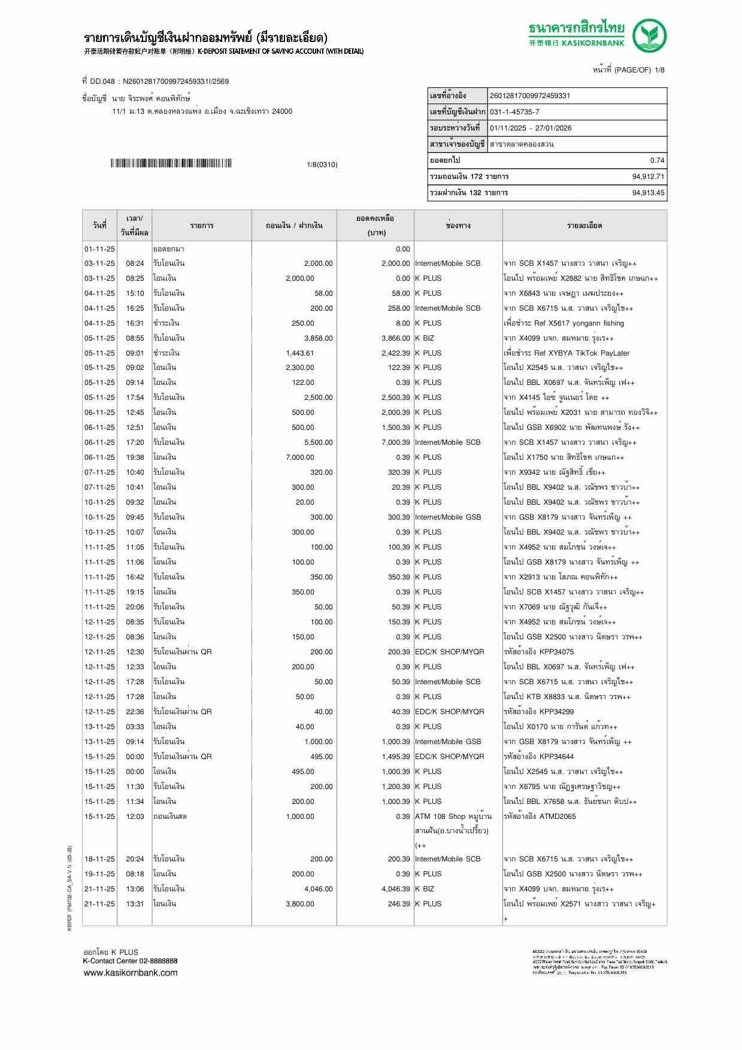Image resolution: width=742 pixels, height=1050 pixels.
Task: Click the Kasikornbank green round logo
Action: pyautogui.click(x=650, y=35)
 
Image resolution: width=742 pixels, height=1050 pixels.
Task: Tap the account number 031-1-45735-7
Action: pyautogui.click(x=514, y=112)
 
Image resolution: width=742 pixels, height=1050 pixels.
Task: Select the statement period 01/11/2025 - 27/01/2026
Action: pyautogui.click(x=530, y=128)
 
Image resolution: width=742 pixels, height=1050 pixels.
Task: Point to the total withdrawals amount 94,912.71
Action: pyautogui.click(x=648, y=177)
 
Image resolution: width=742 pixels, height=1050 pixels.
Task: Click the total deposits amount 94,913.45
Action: pyautogui.click(x=648, y=193)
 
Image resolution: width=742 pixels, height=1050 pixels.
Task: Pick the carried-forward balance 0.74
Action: pyautogui.click(x=657, y=160)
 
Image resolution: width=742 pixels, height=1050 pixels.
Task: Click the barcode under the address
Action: pyautogui.click(x=171, y=163)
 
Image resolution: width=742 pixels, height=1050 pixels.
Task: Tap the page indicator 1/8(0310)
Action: pyautogui.click(x=322, y=165)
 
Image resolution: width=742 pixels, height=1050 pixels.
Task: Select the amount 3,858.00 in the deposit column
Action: pyautogui.click(x=318, y=338)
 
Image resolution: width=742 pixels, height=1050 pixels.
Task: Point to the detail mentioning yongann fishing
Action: pyautogui.click(x=564, y=323)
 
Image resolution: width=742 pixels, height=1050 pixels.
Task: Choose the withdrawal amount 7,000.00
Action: pyautogui.click(x=299, y=457)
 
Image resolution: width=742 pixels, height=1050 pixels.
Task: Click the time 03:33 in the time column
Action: pyautogui.click(x=135, y=727)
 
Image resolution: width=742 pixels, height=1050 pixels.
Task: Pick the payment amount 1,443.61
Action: pyautogui.click(x=299, y=353)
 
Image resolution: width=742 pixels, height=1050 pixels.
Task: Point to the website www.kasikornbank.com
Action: pyautogui.click(x=131, y=973)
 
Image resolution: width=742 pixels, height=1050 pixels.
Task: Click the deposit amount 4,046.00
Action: pyautogui.click(x=318, y=889)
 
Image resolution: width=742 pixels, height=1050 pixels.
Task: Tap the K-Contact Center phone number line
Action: pyautogui.click(x=130, y=961)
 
